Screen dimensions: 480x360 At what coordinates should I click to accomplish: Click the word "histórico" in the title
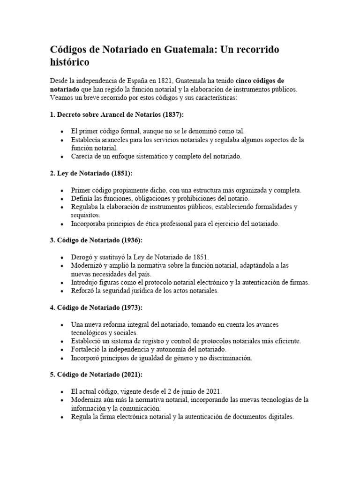69,62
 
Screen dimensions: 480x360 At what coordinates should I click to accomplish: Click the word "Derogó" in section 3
82,257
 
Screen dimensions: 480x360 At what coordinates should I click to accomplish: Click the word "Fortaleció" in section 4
87,350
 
